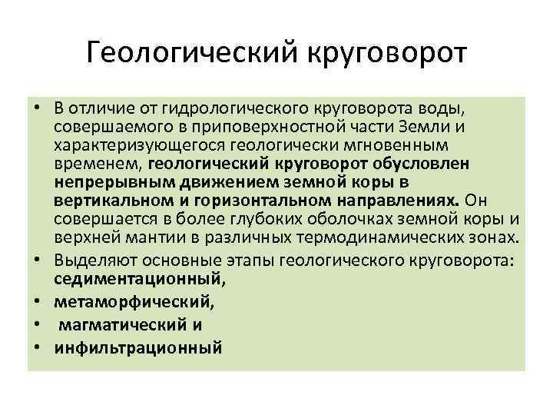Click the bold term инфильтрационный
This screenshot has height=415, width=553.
point(137,348)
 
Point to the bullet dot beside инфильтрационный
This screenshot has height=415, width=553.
point(36,348)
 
